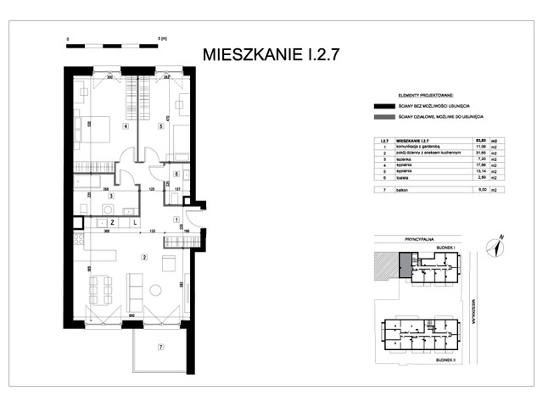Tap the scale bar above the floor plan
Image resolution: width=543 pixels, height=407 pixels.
tap(115, 42)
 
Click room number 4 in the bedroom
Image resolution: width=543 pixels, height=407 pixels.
tap(125, 127)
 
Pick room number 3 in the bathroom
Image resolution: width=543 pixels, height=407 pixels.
tap(110, 196)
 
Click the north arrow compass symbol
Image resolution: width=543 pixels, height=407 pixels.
tap(494, 247)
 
